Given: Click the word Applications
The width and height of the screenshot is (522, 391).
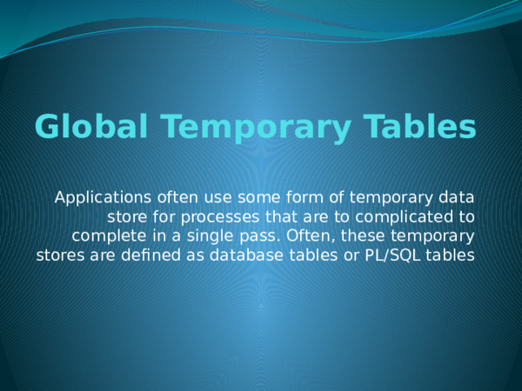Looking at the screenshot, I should point(97,196).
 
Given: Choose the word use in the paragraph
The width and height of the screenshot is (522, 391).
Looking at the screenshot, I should point(197,196).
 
